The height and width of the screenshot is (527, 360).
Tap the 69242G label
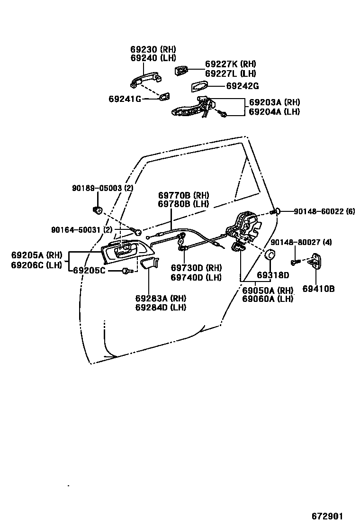pyautogui.click(x=242, y=86)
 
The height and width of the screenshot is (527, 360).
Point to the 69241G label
pyautogui.click(x=125, y=99)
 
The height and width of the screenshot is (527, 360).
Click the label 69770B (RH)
pyautogui.click(x=183, y=195)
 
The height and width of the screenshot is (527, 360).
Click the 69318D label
pyautogui.click(x=273, y=275)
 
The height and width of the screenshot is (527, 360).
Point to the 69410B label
pyautogui.click(x=318, y=288)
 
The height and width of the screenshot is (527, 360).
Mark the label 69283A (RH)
pyautogui.click(x=161, y=299)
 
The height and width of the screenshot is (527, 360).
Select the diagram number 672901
pyautogui.click(x=327, y=516)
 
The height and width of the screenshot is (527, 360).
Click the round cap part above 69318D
pyautogui.click(x=270, y=254)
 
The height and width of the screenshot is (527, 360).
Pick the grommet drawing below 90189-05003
pyautogui.click(x=99, y=210)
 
